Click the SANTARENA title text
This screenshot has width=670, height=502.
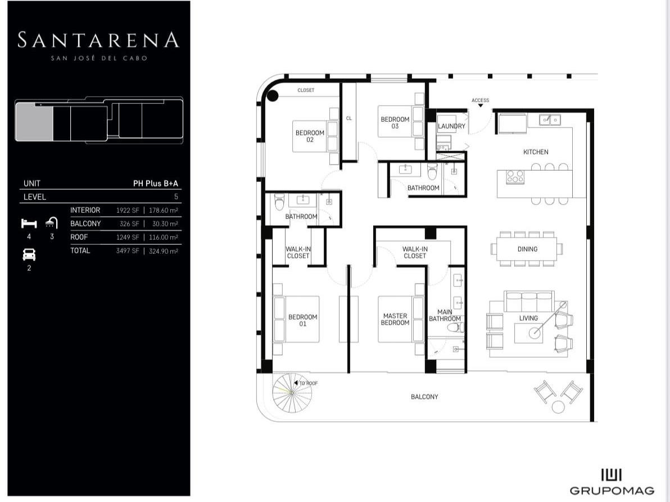(x=98, y=40)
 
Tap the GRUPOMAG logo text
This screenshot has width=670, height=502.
(x=612, y=491)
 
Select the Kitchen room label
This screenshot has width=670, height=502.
(x=536, y=152)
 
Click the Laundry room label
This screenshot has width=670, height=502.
(x=452, y=126)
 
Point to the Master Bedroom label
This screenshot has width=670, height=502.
(x=395, y=320)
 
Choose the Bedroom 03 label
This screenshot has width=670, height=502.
(x=395, y=122)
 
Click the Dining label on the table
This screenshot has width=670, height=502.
(x=527, y=249)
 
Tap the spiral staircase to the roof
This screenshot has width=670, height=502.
(x=292, y=393)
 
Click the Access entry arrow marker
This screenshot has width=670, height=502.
(x=480, y=106)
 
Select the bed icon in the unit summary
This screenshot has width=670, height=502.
(x=29, y=223)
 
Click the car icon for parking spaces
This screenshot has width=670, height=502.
(x=29, y=254)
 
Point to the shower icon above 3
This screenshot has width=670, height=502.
(x=52, y=222)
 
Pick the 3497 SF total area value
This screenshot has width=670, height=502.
(x=128, y=251)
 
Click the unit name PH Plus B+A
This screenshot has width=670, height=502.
(x=156, y=184)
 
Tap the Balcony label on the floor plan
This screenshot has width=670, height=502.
(x=424, y=396)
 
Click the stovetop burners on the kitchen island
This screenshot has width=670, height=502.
(x=515, y=177)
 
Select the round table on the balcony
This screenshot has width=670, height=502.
(x=558, y=407)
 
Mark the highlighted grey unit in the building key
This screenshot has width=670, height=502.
(x=34, y=122)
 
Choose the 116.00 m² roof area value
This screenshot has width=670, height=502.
(x=163, y=238)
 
